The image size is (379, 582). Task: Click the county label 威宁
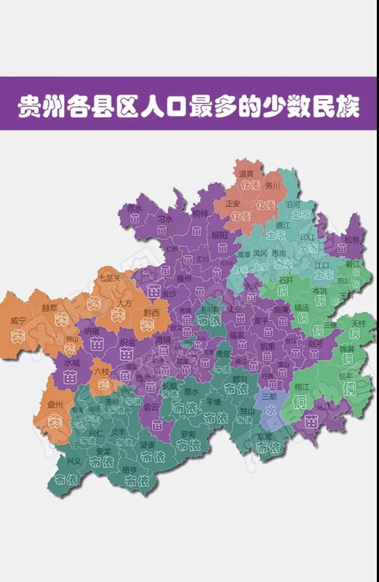[18, 321]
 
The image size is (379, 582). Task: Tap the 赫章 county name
[50, 308]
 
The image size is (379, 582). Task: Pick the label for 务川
[272, 185]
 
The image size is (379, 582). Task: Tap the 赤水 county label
[134, 208]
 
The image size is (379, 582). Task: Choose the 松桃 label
[352, 239]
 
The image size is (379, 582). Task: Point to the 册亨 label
[130, 470]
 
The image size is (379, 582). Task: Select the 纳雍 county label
[91, 331]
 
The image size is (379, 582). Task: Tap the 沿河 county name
[292, 204]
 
